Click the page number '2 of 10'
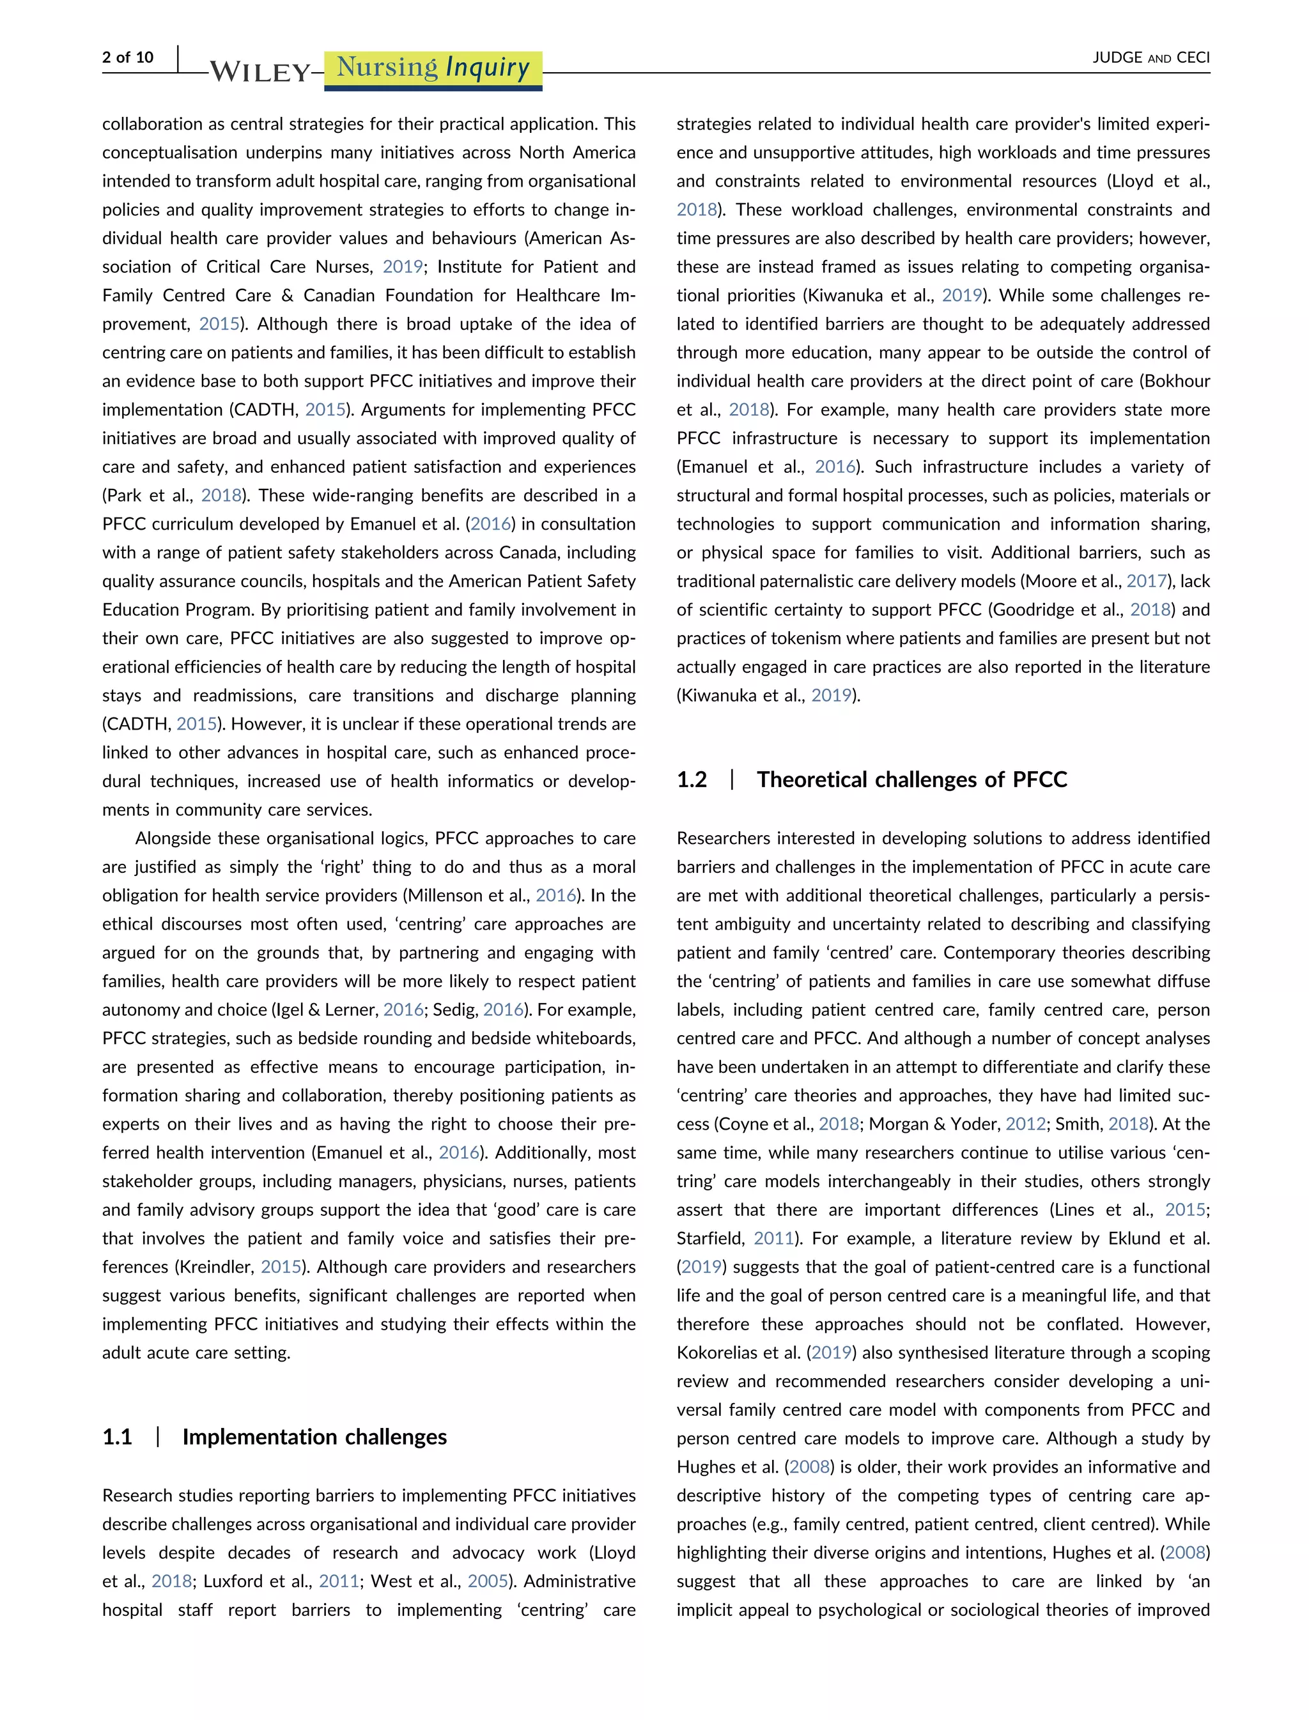point(128,58)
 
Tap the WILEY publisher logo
point(260,72)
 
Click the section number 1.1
point(117,1437)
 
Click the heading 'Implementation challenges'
point(314,1437)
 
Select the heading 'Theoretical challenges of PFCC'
point(911,779)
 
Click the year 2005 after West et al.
point(488,1581)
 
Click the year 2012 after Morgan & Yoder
point(1025,1124)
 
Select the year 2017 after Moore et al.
point(1146,581)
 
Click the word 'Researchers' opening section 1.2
point(723,839)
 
